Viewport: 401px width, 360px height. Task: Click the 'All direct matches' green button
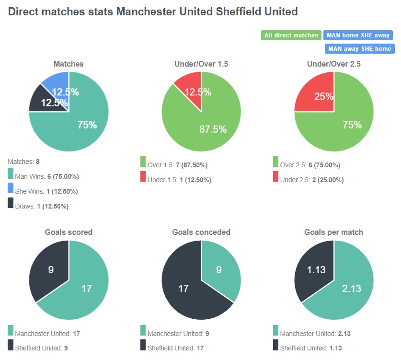[x=291, y=35]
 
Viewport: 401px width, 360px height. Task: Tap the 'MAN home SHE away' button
[x=358, y=35]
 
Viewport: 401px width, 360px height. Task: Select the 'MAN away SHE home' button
[x=359, y=49]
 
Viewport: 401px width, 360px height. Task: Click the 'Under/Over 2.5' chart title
[x=333, y=64]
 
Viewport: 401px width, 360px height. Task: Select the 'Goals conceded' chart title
[x=201, y=232]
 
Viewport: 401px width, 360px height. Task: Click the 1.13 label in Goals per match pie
[x=316, y=269]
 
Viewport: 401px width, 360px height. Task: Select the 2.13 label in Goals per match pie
[x=352, y=289]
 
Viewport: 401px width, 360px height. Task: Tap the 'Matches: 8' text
[x=27, y=162]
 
